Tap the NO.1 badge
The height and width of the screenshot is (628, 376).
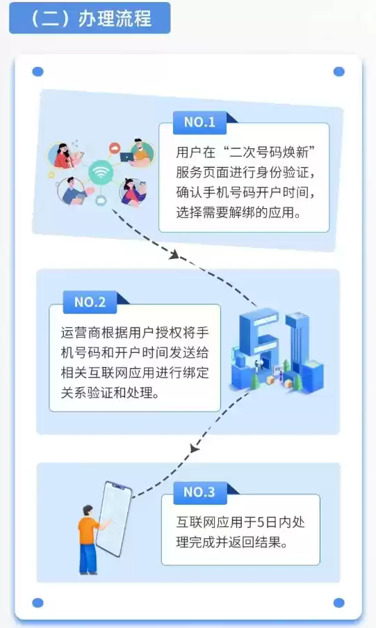point(199,123)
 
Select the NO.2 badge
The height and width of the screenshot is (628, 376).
point(90,302)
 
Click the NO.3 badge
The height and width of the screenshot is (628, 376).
point(199,492)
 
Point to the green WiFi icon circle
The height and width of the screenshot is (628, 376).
point(101,172)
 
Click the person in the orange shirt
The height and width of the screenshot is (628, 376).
point(88,531)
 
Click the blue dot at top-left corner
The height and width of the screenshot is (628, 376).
point(38,72)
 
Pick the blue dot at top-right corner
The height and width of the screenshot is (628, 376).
point(338,72)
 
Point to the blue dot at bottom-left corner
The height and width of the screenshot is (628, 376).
point(38,602)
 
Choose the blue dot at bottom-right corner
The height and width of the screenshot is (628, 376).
point(338,602)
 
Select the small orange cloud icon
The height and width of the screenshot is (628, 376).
point(115,148)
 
